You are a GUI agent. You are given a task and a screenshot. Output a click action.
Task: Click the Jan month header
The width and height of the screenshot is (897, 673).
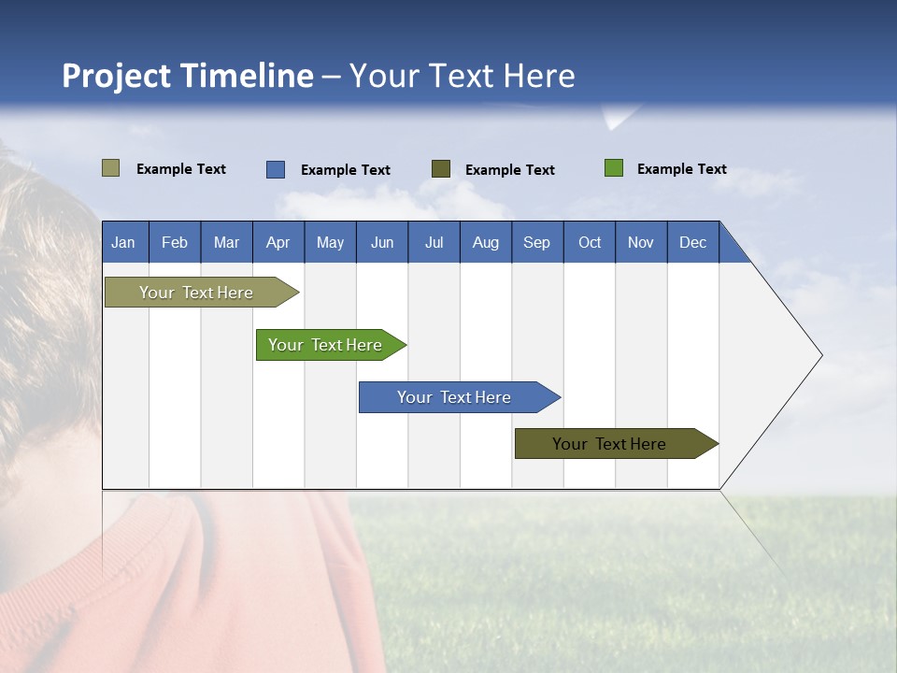tap(123, 242)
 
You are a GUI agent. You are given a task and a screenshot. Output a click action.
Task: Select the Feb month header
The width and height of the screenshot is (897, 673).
tap(175, 242)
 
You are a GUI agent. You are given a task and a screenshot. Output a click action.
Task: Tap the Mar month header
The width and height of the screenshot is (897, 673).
tap(226, 242)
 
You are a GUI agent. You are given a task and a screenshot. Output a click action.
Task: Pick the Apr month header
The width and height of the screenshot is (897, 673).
tap(278, 242)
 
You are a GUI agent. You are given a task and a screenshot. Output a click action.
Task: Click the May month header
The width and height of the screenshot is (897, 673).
tap(330, 242)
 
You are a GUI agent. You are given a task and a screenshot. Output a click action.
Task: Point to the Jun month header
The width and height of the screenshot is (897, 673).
tap(382, 242)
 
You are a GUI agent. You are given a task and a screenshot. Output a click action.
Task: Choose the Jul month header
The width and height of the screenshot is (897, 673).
tap(434, 242)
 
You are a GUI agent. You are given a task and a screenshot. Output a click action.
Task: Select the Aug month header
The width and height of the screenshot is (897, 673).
tap(486, 242)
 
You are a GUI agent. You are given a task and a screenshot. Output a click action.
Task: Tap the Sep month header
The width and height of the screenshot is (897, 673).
tap(537, 242)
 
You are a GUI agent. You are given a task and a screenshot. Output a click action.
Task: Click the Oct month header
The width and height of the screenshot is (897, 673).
tap(590, 242)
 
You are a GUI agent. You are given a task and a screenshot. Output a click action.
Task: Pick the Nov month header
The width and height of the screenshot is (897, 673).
tap(641, 242)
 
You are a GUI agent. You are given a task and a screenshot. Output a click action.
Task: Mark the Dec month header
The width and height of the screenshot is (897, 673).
tap(693, 242)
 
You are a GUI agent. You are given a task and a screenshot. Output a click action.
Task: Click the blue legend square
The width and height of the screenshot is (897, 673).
tap(276, 169)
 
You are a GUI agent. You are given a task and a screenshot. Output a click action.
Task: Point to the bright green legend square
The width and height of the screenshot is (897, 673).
tap(614, 168)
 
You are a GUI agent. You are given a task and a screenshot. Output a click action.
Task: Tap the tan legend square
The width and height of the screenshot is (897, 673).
tap(111, 168)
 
